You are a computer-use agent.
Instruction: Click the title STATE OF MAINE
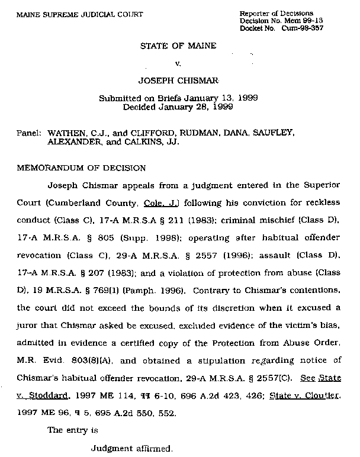point(178,46)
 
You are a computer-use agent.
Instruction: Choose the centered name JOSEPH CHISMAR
point(178,78)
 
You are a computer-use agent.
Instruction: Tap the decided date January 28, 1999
point(192,107)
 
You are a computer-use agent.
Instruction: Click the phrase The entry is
point(72,430)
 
